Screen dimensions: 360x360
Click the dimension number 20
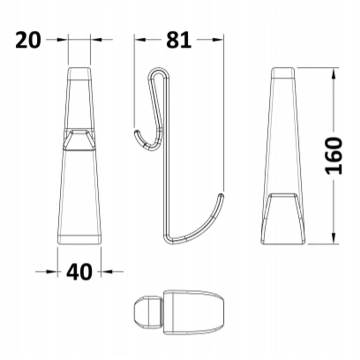(28, 40)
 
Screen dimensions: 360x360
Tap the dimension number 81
(179, 40)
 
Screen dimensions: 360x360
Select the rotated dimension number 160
(333, 155)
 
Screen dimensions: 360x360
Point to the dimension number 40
(79, 272)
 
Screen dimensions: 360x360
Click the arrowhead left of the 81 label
(140, 40)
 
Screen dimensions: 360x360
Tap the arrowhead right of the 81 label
(218, 40)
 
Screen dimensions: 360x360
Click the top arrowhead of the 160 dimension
(333, 73)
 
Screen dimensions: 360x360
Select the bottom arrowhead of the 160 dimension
(333, 238)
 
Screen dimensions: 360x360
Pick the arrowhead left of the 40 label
(52, 272)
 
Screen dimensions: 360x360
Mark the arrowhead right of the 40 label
(107, 272)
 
